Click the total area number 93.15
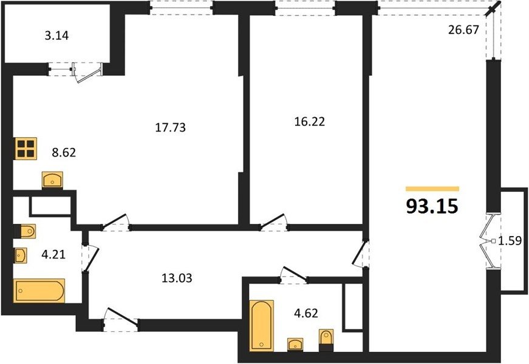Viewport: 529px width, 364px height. [432, 206]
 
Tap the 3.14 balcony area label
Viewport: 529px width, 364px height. [56, 35]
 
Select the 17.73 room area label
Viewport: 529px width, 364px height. [171, 127]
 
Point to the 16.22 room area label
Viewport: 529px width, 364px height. [310, 121]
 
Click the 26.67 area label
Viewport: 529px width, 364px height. [463, 30]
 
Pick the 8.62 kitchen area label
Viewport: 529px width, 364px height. [64, 153]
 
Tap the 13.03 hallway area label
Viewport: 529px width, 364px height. [177, 278]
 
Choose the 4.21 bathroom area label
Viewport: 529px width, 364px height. [53, 254]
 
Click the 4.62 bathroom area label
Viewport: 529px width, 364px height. [306, 313]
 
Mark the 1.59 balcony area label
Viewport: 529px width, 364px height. [510, 241]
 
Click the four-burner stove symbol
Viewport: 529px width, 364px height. [26, 149]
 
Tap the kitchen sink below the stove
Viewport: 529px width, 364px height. [52, 180]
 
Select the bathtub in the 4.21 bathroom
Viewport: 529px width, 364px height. [39, 291]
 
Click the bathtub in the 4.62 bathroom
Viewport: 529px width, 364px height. [262, 326]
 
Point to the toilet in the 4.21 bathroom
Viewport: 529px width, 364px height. [26, 231]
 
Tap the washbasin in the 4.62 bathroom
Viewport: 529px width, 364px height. [296, 345]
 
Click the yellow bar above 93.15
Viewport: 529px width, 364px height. [432, 189]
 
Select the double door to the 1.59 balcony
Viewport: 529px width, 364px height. [488, 241]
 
